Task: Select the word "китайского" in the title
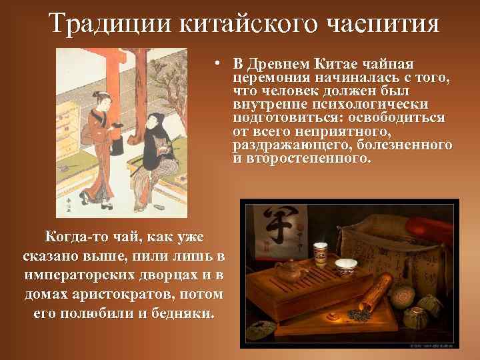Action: click(x=230, y=23)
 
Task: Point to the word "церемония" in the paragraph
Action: click(x=265, y=78)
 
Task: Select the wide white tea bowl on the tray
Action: click(x=345, y=266)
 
